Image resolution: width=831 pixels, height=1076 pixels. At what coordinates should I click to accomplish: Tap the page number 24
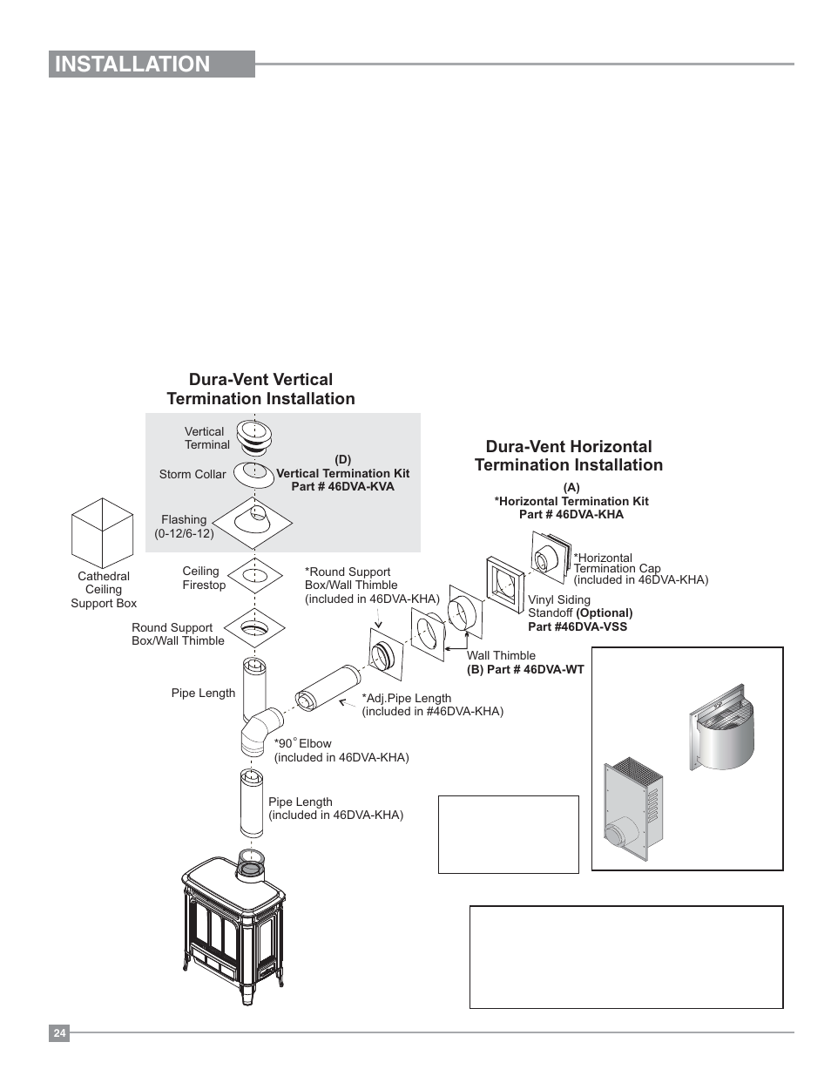pyautogui.click(x=58, y=1033)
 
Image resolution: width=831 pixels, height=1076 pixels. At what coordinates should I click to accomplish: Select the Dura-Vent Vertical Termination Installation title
pyautogui.click(x=260, y=389)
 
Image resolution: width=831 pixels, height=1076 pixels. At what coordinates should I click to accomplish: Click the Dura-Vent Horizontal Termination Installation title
pyautogui.click(x=568, y=456)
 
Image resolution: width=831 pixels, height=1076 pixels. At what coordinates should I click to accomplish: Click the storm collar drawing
pyautogui.click(x=254, y=473)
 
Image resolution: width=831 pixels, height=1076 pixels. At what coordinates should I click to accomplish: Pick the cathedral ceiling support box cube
pyautogui.click(x=102, y=532)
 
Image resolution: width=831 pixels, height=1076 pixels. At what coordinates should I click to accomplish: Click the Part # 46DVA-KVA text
pyautogui.click(x=342, y=486)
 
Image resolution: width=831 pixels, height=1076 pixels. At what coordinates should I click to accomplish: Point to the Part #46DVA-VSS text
pyautogui.click(x=577, y=626)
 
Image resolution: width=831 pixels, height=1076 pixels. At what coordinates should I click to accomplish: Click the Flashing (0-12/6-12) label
pyautogui.click(x=184, y=526)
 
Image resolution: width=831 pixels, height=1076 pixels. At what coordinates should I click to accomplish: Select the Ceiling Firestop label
pyautogui.click(x=203, y=578)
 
